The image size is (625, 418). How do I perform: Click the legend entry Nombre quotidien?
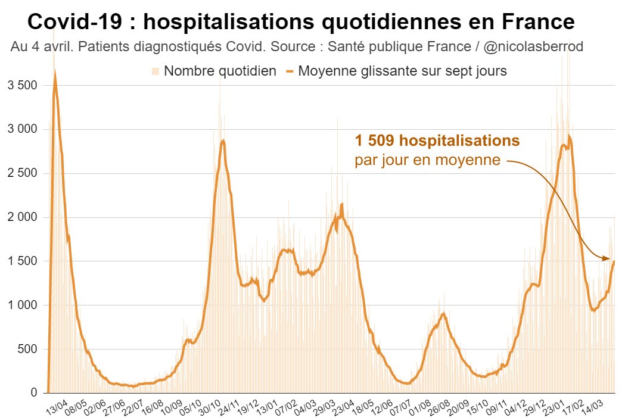pos(219,71)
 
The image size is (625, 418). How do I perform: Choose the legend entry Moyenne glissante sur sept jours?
pos(402,71)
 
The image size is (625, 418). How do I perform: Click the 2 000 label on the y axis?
pos(22,217)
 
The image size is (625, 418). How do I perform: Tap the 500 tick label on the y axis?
pos(27,350)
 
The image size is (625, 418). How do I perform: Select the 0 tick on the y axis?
pos(35,393)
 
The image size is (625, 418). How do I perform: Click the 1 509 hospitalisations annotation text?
pos(437,141)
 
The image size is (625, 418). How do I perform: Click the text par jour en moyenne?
pos(427,160)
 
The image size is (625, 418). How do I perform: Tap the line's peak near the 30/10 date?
pos(223,141)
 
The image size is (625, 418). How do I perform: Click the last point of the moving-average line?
pos(614,261)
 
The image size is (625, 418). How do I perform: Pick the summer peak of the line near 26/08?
pos(443,313)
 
